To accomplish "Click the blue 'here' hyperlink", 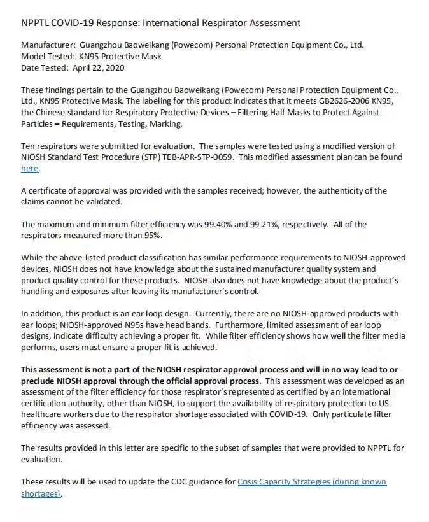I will click(x=30, y=169).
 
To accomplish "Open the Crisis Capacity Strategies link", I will click(x=311, y=482).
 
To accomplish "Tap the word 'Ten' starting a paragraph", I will click(x=29, y=146).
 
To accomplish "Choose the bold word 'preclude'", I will click(x=40, y=381).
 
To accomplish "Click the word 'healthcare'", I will click(x=45, y=414).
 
